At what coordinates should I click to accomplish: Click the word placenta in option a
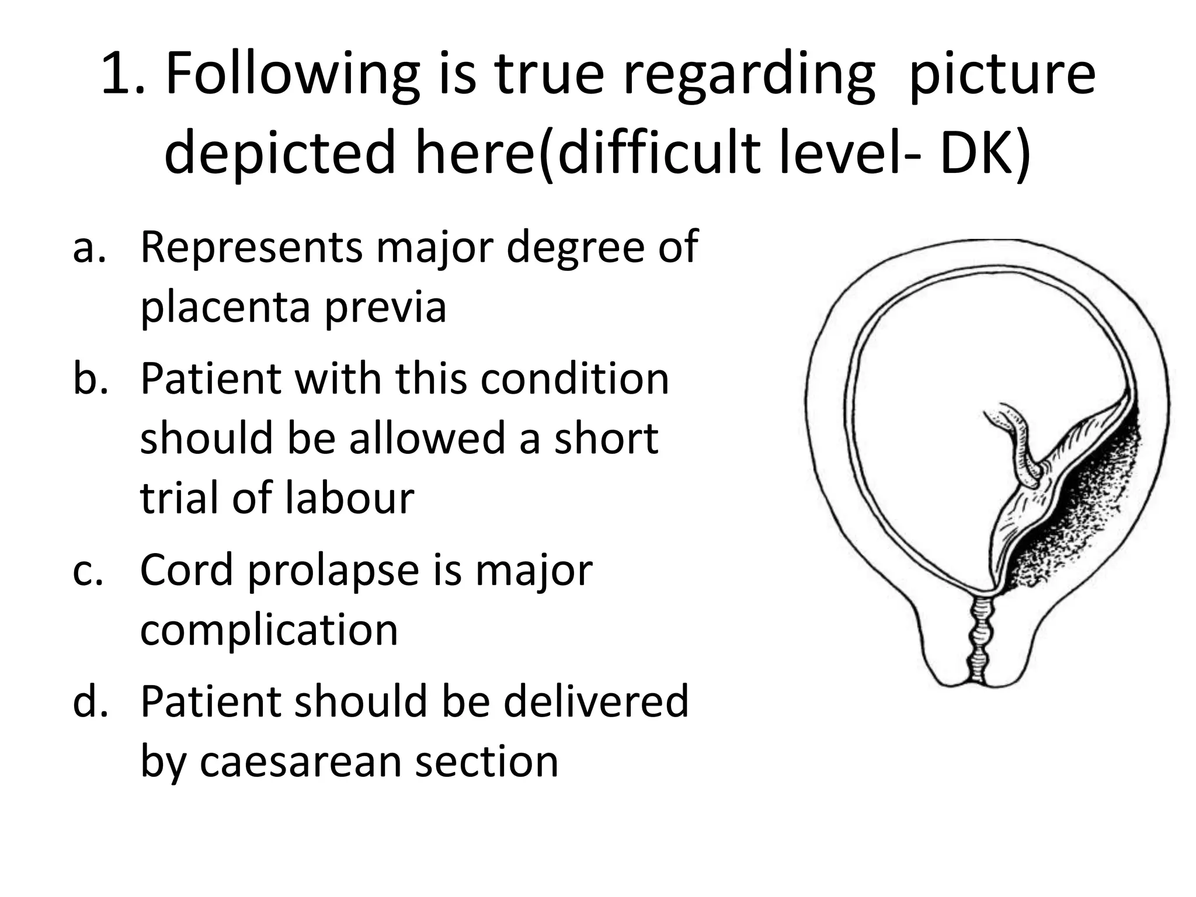(x=225, y=308)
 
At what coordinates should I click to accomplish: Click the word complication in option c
(x=269, y=631)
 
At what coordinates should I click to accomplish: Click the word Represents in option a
(x=251, y=248)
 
